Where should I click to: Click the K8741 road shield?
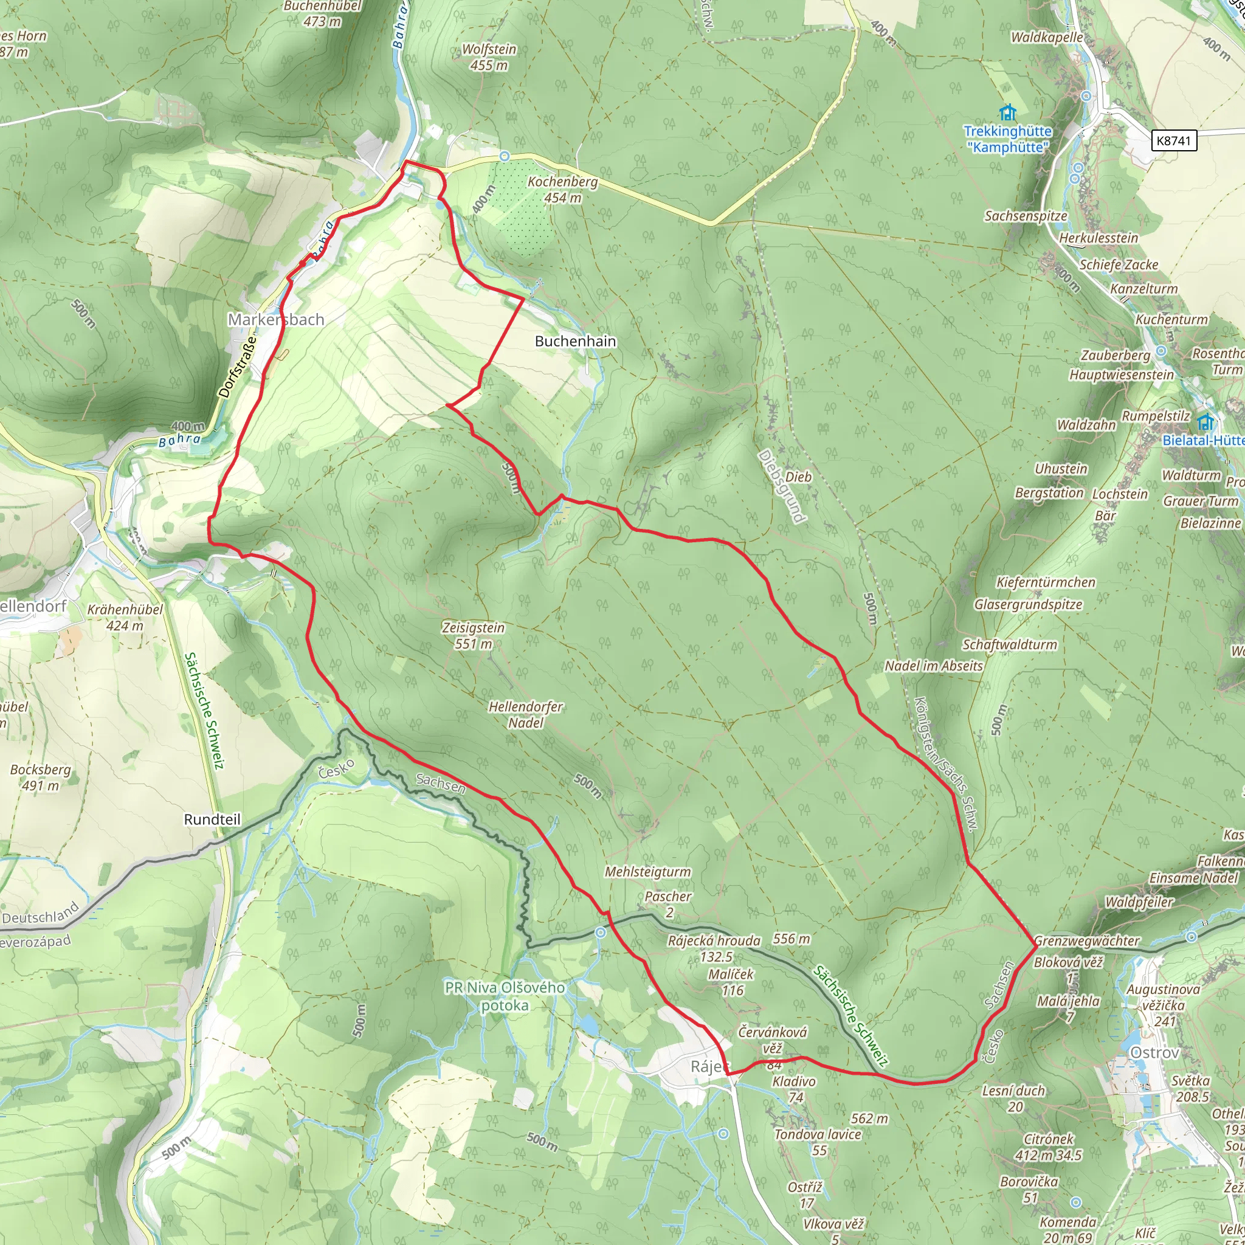tap(1173, 140)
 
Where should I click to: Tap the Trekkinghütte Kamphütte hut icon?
tap(1008, 114)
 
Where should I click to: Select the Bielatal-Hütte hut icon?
tap(1205, 422)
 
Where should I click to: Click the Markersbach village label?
tap(276, 320)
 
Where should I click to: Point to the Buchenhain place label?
tap(576, 342)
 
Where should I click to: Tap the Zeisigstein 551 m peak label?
tap(474, 635)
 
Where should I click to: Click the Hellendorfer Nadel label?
tap(526, 715)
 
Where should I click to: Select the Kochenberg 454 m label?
tap(562, 190)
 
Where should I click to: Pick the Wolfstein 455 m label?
tap(489, 57)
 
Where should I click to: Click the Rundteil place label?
tap(212, 819)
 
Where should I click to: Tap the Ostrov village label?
tap(1154, 1053)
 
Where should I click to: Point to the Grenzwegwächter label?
tap(1087, 941)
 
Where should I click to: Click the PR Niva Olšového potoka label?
tap(505, 996)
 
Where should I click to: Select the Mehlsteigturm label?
tap(647, 872)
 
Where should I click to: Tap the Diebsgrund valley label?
tap(782, 486)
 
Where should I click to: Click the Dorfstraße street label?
tap(237, 365)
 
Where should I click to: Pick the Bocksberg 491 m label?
tap(40, 777)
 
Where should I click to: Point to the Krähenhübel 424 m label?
tap(125, 618)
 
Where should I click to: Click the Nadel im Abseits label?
tap(934, 666)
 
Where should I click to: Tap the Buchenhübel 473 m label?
tap(323, 13)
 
